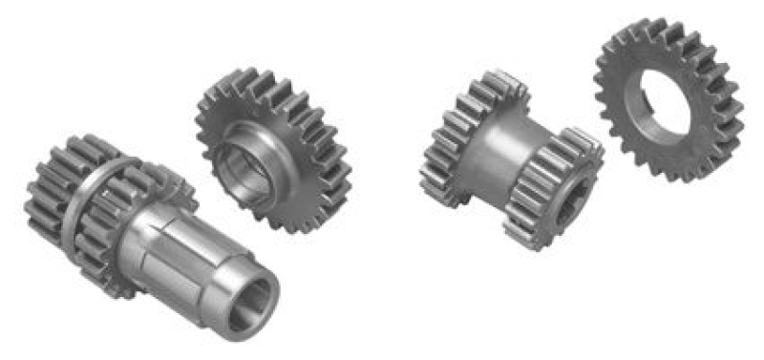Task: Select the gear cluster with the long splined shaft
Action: tap(143, 229)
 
